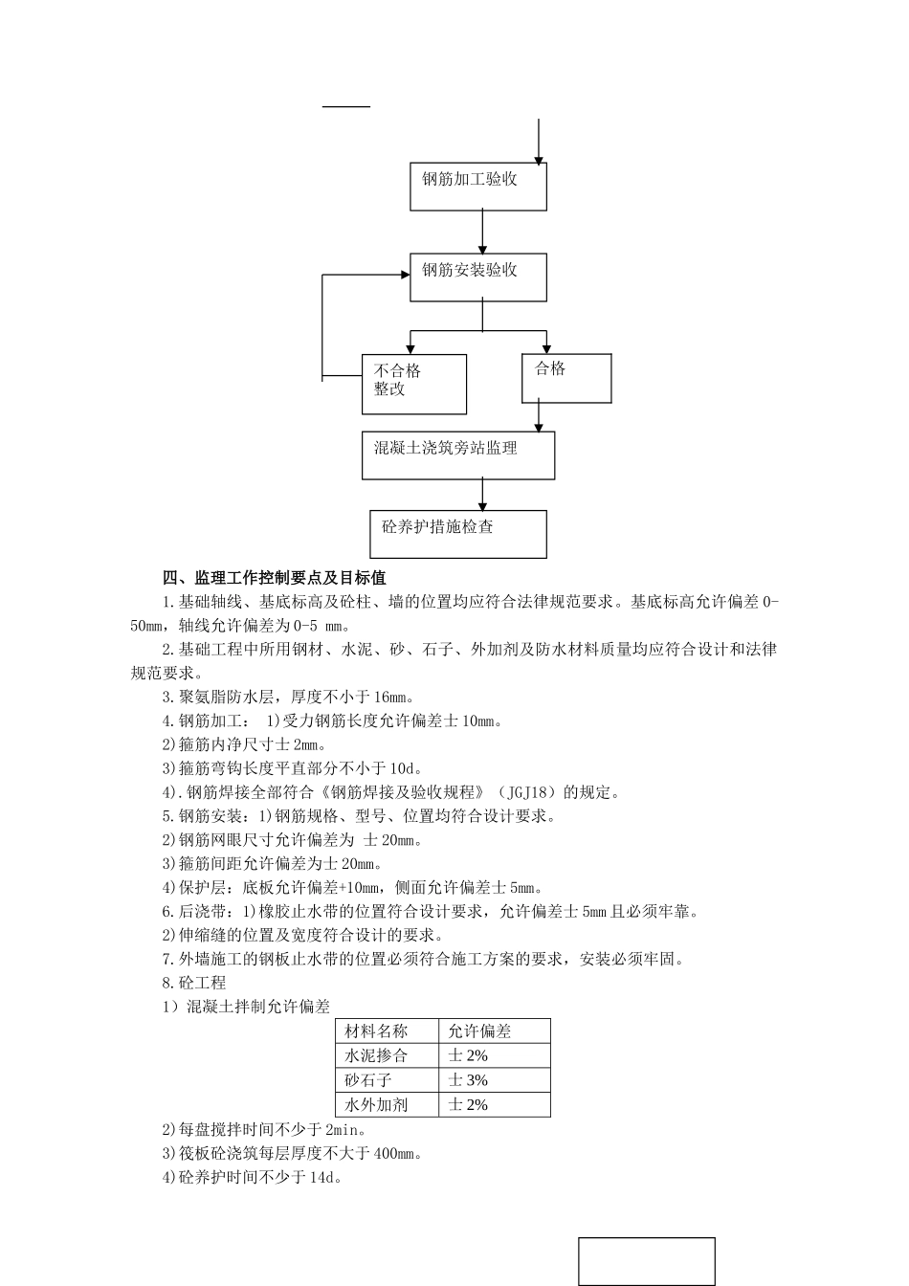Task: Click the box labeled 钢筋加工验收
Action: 478,186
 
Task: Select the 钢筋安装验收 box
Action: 478,277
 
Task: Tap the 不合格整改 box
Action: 414,384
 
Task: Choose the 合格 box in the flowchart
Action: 566,378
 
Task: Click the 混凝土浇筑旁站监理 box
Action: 458,455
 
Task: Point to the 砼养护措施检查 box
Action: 458,534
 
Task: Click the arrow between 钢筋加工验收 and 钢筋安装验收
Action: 482,232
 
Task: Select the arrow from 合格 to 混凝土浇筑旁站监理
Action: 540,417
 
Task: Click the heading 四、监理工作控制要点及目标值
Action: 275,578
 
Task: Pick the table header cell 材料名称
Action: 376,1031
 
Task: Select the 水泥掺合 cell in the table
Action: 376,1055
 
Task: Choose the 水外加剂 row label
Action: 376,1104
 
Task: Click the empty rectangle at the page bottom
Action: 647,1261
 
